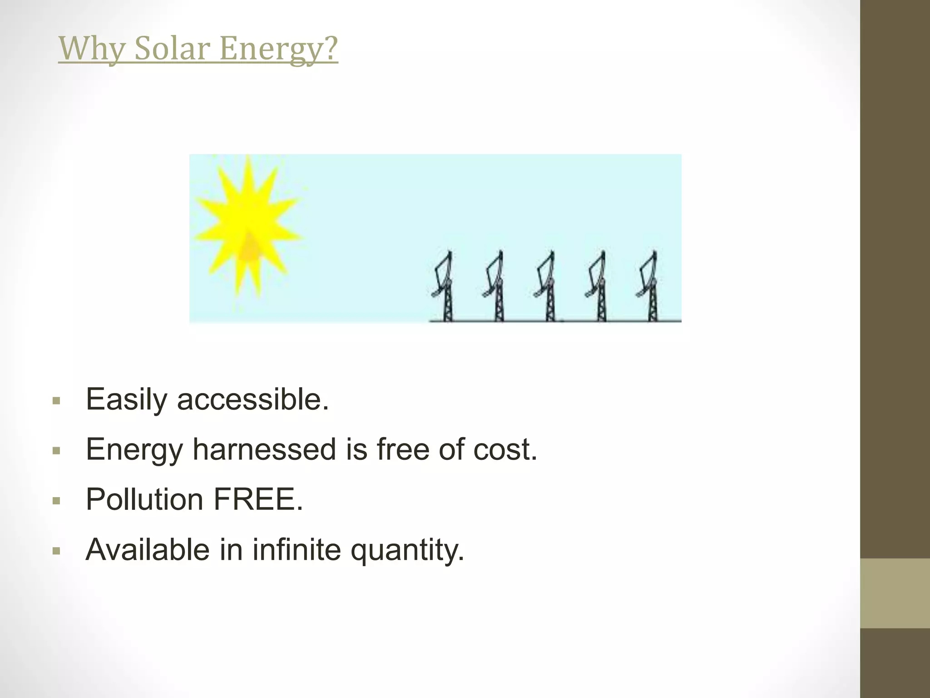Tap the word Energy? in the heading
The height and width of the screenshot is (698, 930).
(278, 49)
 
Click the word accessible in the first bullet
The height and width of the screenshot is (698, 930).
(252, 399)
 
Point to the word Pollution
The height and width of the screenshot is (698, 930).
(144, 499)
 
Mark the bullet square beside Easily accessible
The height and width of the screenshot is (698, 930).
(56, 401)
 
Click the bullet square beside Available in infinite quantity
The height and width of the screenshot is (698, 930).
(56, 551)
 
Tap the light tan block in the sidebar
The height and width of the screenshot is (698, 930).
(895, 593)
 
